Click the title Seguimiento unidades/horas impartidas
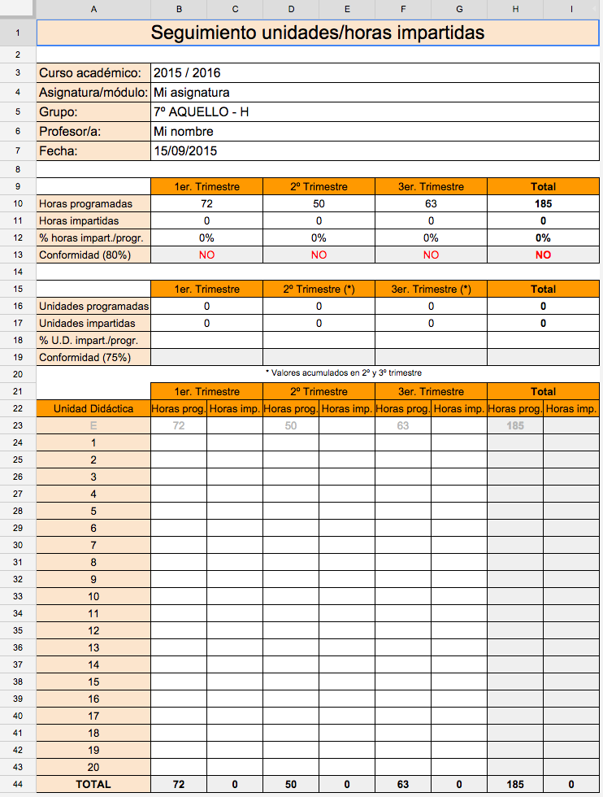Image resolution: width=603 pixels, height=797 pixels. pos(318,33)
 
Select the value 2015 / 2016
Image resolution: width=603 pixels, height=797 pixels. pos(187,73)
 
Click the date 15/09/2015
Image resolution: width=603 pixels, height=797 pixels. pos(185,151)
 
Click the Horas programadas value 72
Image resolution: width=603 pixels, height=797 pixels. pos(206,203)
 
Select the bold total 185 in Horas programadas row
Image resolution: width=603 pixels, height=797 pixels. pos(543,203)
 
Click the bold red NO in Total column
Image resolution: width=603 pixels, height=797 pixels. pos(543,255)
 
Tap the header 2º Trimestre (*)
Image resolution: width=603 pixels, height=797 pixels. pos(319,289)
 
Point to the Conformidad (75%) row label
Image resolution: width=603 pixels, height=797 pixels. pos(85,357)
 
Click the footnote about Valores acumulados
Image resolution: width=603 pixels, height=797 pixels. pos(343,372)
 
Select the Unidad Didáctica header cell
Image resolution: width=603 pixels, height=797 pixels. pos(93,408)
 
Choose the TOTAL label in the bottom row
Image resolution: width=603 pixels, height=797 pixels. pos(93,785)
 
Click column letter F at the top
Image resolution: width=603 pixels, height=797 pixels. pos(403,9)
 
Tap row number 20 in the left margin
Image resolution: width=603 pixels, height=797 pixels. pos(18,374)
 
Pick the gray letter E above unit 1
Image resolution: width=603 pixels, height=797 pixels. pos(93,425)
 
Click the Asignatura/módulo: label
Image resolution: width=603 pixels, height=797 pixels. pos(93,93)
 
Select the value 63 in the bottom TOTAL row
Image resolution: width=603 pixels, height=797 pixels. pos(403,785)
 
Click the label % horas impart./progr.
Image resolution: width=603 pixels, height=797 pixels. pos(86,237)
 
